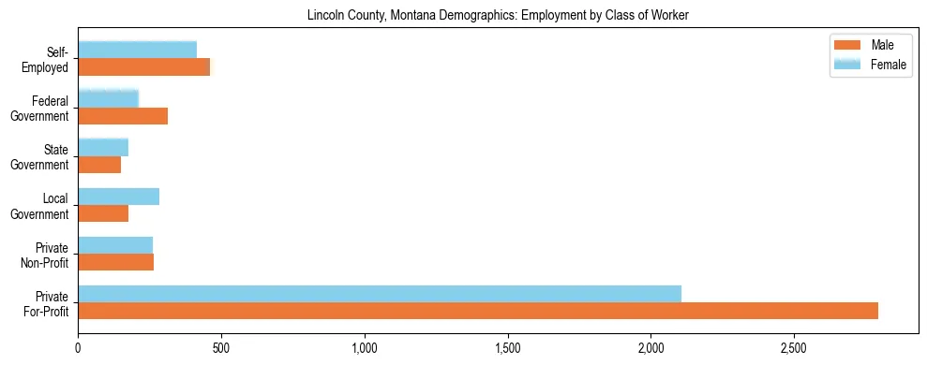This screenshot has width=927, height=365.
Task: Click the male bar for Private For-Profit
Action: click(x=478, y=311)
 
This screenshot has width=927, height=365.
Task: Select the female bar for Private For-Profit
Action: click(x=380, y=294)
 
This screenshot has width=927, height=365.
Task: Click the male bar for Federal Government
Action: click(x=123, y=116)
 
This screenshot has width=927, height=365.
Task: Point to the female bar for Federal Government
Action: click(x=109, y=98)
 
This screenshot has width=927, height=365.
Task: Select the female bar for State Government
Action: click(x=103, y=147)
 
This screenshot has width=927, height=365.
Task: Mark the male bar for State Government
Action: click(x=99, y=165)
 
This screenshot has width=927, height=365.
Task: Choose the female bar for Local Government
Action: click(x=119, y=196)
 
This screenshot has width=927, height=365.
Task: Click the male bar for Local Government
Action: click(x=103, y=213)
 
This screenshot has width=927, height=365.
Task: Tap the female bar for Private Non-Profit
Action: click(x=115, y=245)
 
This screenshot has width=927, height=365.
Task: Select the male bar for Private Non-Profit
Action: click(x=116, y=262)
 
